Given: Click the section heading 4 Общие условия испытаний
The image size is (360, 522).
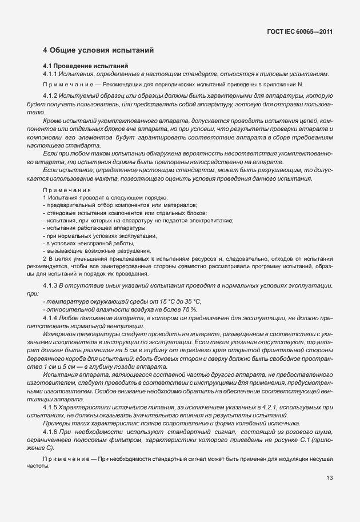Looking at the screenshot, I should pyautogui.click(x=98, y=51).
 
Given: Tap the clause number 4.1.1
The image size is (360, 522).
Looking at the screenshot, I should pyautogui.click(x=51, y=75).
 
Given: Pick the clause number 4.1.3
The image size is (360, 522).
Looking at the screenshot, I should pyautogui.click(x=51, y=285).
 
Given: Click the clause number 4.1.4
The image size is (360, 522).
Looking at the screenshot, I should pyautogui.click(x=51, y=316).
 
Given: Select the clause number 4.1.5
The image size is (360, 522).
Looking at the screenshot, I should pyautogui.click(x=51, y=407).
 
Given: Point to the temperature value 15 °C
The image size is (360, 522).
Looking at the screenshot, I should pyautogui.click(x=157, y=301).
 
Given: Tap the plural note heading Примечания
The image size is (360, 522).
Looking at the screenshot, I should pyautogui.click(x=66, y=190).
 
